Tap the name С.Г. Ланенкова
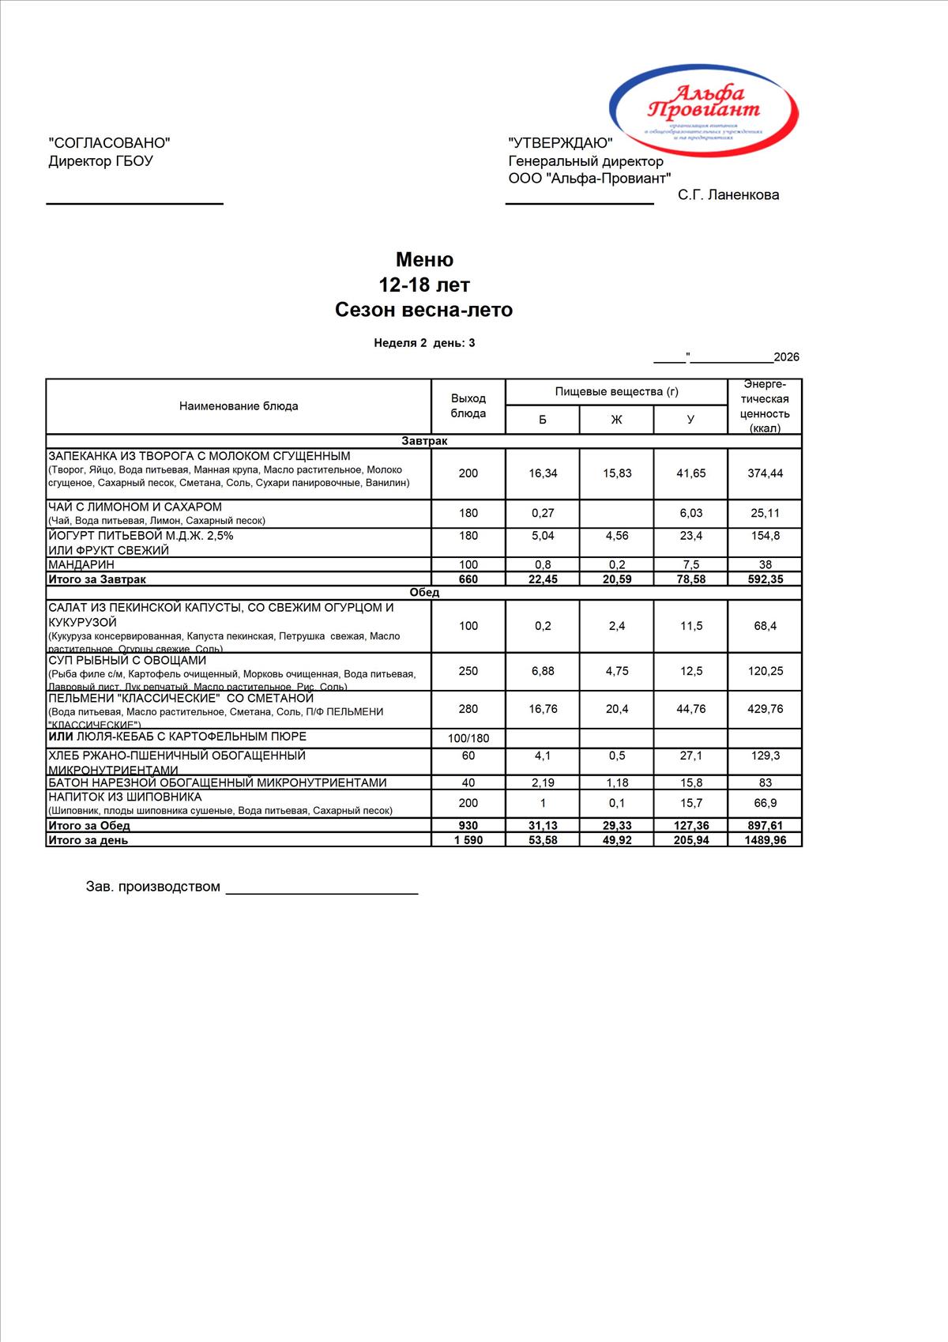click(728, 195)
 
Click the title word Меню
click(424, 260)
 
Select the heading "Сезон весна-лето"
click(423, 310)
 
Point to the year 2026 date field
click(786, 357)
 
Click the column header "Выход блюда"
click(468, 406)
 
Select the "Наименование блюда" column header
click(239, 406)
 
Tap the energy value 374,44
click(765, 473)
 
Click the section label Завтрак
click(424, 441)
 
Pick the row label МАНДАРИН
click(81, 564)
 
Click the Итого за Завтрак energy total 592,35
click(765, 579)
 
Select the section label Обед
click(424, 593)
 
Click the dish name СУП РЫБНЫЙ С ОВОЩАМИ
click(127, 661)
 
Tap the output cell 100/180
click(468, 739)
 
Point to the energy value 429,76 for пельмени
click(765, 709)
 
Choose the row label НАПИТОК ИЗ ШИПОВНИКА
click(125, 797)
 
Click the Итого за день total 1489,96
click(765, 840)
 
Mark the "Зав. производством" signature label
click(153, 887)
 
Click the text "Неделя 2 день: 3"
click(424, 343)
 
